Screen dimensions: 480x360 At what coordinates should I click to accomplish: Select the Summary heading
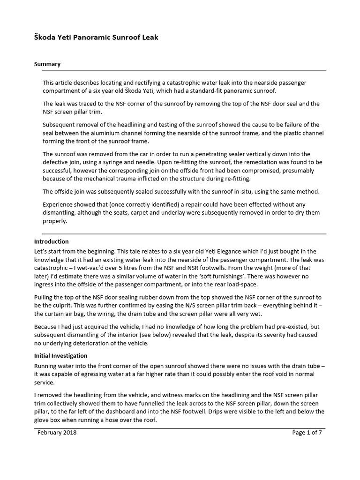(x=47, y=64)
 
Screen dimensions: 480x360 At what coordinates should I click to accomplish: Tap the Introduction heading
(x=52, y=242)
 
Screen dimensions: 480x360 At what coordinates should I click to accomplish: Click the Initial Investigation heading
(x=60, y=356)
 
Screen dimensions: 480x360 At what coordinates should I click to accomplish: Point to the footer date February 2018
(x=57, y=433)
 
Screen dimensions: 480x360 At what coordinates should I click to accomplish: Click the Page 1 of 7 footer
(x=307, y=433)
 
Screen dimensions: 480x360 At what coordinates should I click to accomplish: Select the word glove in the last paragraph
(x=43, y=420)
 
